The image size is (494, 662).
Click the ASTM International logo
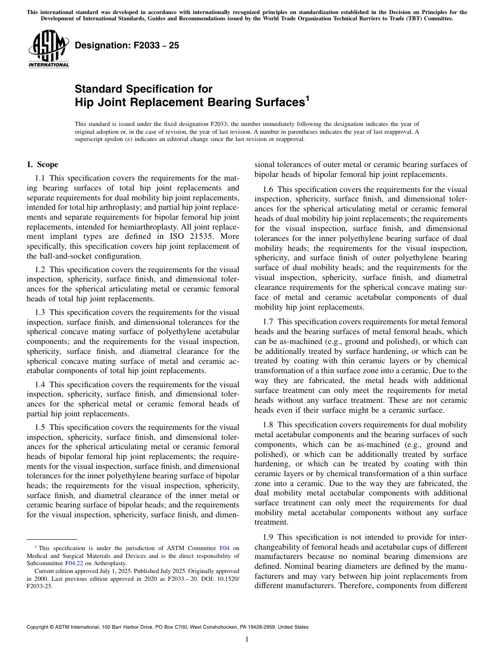[x=48, y=49]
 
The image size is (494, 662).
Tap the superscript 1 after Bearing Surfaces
[x=307, y=98]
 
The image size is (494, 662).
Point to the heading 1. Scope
[x=42, y=164]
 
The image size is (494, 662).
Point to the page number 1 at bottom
[x=246, y=640]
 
